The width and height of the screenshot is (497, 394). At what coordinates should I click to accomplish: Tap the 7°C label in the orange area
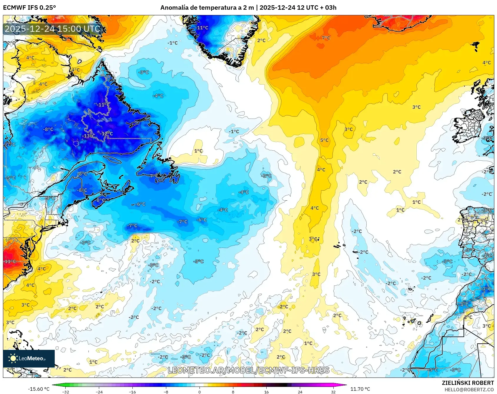326,38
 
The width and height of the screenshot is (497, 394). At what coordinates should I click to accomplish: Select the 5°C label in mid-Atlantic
324,140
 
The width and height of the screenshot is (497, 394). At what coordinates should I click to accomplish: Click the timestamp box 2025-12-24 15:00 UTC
52,29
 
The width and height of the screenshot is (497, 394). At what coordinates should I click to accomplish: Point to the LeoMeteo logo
29,358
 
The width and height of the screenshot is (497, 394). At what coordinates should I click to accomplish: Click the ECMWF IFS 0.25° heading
29,8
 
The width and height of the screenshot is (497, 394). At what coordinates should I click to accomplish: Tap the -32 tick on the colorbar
66,392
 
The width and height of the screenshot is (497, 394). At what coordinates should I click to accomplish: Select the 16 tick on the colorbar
266,392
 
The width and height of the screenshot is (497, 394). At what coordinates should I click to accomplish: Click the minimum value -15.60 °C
39,389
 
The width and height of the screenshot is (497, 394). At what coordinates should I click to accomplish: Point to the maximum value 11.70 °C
360,389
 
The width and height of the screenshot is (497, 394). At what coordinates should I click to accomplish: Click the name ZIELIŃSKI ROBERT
468,383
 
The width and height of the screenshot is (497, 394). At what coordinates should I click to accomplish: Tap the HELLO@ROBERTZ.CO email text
469,390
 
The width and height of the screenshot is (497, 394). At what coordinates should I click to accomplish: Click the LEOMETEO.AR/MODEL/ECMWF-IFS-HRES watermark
248,370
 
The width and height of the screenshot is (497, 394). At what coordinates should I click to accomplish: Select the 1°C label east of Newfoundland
198,151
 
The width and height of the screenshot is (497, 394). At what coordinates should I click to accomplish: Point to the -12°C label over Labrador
107,134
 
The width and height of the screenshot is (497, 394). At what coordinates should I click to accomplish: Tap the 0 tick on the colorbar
200,392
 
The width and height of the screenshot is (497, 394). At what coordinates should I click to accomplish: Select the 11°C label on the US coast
10,261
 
